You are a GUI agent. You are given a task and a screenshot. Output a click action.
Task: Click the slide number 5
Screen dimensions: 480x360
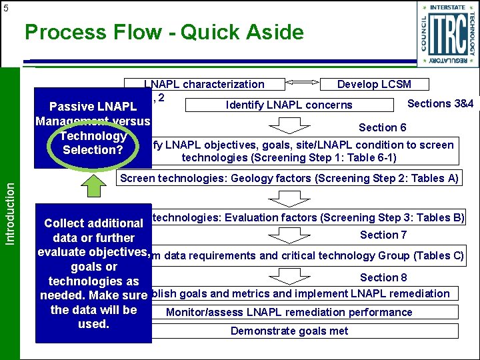pyautogui.click(x=5, y=9)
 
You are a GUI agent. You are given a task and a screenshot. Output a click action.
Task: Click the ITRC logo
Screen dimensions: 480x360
pyautogui.click(x=447, y=34)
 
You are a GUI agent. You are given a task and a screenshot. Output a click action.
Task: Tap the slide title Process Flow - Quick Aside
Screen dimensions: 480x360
pyautogui.click(x=164, y=32)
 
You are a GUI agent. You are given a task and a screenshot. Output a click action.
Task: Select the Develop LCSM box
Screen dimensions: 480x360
pyautogui.click(x=374, y=85)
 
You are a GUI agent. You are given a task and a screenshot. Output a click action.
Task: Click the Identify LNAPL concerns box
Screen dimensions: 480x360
pyautogui.click(x=289, y=105)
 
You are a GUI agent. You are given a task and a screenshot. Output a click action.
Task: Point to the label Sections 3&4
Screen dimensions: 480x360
pyautogui.click(x=440, y=103)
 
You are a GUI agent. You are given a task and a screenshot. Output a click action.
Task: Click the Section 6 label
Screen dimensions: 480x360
pyautogui.click(x=383, y=127)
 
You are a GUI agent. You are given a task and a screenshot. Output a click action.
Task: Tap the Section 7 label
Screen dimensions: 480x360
pyautogui.click(x=383, y=235)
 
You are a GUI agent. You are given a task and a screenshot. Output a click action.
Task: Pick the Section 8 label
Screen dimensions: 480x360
pyautogui.click(x=383, y=277)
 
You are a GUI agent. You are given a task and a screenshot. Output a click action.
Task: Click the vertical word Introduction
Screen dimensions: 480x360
pyautogui.click(x=10, y=204)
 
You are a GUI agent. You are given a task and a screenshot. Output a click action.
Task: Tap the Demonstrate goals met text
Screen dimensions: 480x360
pyautogui.click(x=289, y=331)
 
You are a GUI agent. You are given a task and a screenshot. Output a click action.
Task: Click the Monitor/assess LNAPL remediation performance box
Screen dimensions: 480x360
pyautogui.click(x=289, y=312)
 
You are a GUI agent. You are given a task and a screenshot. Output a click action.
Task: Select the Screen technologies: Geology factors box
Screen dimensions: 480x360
pyautogui.click(x=289, y=178)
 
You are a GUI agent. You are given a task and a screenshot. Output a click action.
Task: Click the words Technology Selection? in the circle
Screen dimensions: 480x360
pyautogui.click(x=93, y=143)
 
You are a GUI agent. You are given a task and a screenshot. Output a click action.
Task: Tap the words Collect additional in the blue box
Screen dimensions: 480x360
pyautogui.click(x=93, y=223)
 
